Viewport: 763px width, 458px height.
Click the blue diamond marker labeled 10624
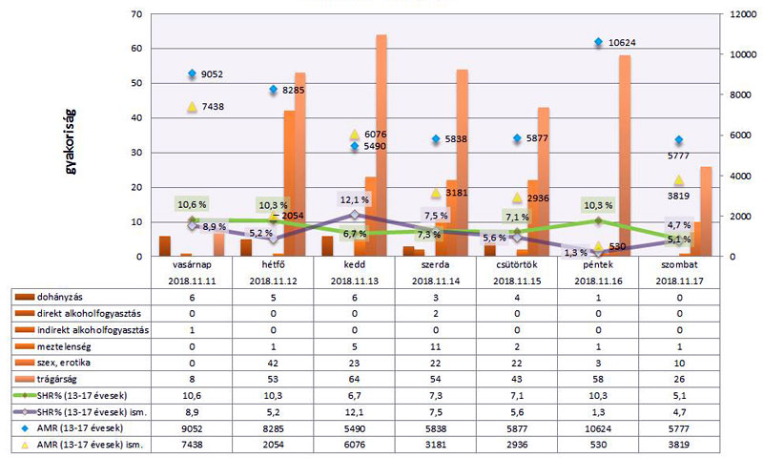coord(598,43)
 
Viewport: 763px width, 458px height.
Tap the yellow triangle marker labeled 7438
coord(192,107)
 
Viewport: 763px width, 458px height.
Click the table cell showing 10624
coord(598,427)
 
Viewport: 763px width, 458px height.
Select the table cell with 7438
coord(192,444)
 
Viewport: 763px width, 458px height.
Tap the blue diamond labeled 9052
coord(192,74)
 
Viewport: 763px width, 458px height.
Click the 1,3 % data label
coord(575,253)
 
